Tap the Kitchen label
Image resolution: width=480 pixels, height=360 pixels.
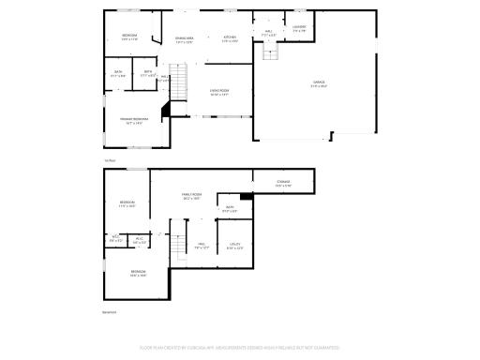229,38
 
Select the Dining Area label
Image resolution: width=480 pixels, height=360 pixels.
185,38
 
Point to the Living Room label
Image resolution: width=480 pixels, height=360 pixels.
219,91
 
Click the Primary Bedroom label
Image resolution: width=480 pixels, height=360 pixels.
131,119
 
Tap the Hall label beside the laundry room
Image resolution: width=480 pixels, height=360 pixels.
268,32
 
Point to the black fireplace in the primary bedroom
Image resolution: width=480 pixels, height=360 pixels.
166,112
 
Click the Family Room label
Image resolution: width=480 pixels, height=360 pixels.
192,195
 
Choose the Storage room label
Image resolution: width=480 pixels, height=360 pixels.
283,182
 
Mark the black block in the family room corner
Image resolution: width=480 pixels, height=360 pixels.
246,196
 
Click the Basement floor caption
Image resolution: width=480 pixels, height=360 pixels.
109,312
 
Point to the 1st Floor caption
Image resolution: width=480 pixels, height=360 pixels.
110,160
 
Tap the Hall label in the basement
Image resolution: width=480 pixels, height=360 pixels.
201,245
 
